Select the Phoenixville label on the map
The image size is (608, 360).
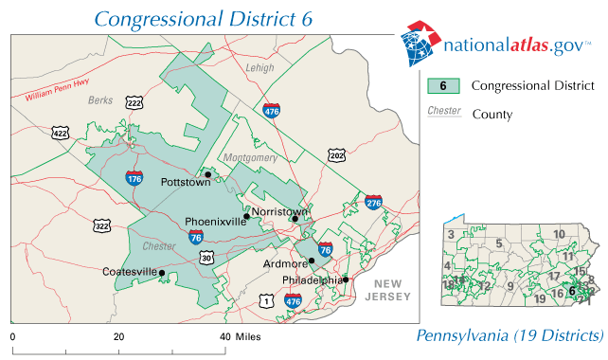click(x=214, y=223)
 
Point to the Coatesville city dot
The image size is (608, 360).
click(x=162, y=273)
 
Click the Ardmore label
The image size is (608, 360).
click(x=286, y=263)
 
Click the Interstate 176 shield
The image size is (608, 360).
click(x=134, y=176)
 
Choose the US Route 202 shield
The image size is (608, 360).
click(x=336, y=154)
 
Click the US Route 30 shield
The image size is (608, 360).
click(x=207, y=257)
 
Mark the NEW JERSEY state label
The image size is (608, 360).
click(x=392, y=291)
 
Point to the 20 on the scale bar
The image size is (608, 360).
click(x=119, y=337)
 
